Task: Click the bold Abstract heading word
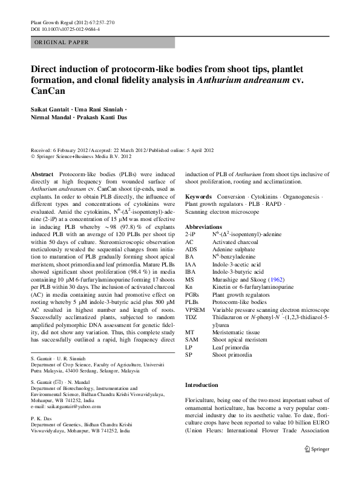42,173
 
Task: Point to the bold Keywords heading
198,197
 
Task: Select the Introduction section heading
201,385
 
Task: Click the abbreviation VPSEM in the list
195,309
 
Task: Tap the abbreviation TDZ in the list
191,317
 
